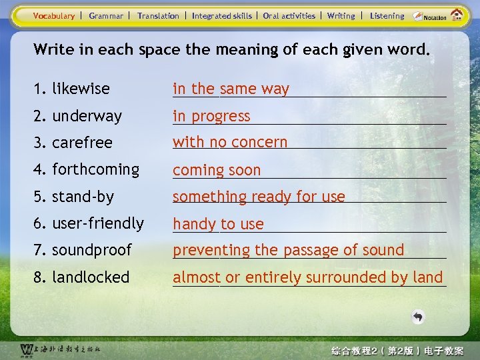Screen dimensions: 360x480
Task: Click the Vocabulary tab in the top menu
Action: [54, 16]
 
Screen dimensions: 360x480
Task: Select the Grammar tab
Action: [106, 16]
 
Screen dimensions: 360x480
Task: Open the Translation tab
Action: [158, 16]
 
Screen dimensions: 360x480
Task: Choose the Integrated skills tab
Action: [221, 16]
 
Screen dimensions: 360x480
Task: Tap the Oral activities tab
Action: [289, 16]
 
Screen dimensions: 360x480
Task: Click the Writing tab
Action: [341, 16]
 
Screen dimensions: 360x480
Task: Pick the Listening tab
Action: [387, 16]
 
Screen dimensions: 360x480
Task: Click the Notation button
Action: [430, 16]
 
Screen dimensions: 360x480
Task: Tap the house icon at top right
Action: [457, 15]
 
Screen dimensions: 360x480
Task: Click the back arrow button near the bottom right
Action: [417, 317]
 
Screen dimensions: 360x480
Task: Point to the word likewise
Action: [81, 89]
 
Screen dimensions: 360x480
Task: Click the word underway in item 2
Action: [87, 116]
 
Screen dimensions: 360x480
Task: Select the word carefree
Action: [82, 143]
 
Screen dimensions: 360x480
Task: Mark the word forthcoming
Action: [95, 169]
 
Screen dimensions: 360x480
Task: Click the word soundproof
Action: [92, 250]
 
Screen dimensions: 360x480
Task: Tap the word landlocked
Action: [91, 277]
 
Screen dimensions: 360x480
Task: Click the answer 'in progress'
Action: [211, 116]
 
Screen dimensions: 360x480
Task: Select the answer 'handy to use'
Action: [218, 224]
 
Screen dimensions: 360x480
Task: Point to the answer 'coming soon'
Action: [217, 170]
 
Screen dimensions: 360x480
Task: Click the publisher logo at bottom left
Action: [60, 349]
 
